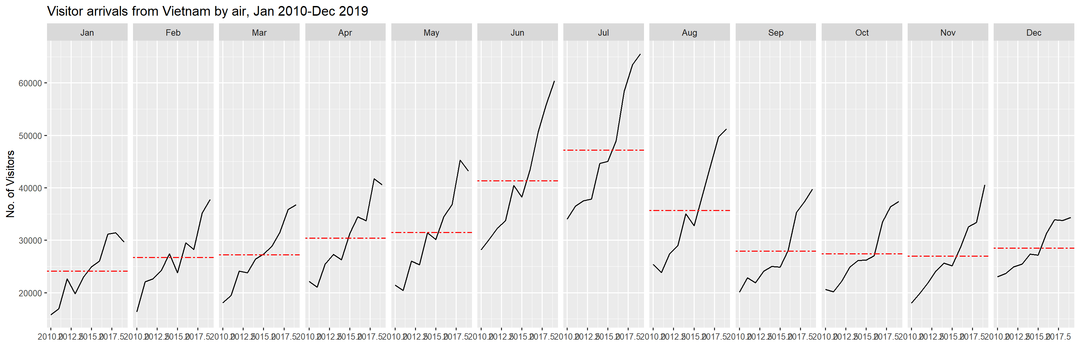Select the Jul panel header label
tap(603, 33)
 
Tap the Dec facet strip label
tap(1033, 33)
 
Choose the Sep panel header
tap(776, 33)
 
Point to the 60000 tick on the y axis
tap(30, 83)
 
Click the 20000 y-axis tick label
tap(30, 293)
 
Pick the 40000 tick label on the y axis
tap(30, 189)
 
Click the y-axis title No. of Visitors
tap(10, 184)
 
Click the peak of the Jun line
tap(554, 81)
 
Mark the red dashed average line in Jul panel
tap(603, 150)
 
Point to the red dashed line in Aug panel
tap(689, 210)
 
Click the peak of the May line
tap(460, 160)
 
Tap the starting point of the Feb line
tap(137, 311)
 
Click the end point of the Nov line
tap(984, 185)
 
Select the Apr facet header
tap(345, 33)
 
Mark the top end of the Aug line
tap(726, 129)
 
